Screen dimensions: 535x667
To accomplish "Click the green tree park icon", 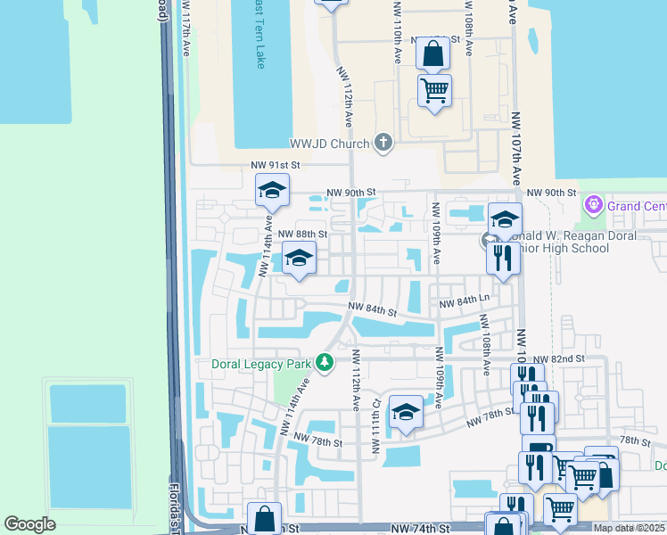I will [325, 363].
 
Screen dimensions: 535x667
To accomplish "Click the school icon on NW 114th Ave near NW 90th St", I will [273, 190].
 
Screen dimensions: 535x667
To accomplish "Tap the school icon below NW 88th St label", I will [300, 259].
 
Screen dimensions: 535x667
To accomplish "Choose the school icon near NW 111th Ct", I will [406, 412].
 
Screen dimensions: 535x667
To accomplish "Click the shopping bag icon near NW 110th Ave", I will [432, 54].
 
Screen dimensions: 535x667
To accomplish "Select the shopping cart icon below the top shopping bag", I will [434, 90].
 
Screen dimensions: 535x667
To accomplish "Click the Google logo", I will [30, 524].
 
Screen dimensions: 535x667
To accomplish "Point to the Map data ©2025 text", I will [629, 528].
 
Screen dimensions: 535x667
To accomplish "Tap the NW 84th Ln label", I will [465, 305].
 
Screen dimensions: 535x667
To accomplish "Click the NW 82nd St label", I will [566, 358].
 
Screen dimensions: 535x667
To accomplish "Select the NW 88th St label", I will [303, 235].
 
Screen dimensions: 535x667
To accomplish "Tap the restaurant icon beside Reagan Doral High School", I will [503, 259].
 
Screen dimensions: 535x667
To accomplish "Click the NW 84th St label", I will [373, 310].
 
